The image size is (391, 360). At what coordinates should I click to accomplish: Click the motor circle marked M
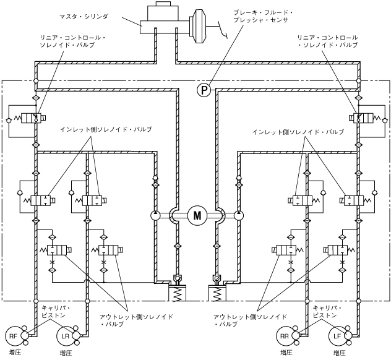pos(197,215)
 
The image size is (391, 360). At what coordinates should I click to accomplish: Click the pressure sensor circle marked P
pos(204,90)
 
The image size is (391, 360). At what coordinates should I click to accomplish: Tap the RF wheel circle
pos(13,335)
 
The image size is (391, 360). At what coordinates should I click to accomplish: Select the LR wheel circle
pos(64,335)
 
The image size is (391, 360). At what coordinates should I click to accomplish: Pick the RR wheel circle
pos(285,335)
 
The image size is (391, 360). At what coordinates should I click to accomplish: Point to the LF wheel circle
pos(337,335)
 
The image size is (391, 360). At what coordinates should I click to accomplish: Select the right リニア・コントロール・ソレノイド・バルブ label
pos(326,41)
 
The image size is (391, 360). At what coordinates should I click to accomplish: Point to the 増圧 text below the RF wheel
pos(14,353)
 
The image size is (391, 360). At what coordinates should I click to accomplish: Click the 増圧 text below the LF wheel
pos(338,353)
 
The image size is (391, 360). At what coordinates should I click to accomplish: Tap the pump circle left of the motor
pos(155,215)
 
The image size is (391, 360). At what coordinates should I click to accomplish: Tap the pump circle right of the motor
pos(239,215)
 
